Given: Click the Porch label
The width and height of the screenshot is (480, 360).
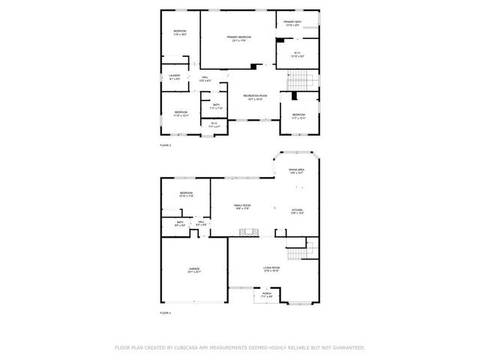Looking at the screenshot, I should pos(256,295).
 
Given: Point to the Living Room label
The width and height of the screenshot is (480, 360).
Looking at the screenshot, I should pos(271,268).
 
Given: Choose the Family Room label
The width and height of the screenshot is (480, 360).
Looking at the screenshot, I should pos(241,207).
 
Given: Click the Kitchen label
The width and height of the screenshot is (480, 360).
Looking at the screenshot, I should pos(297,211).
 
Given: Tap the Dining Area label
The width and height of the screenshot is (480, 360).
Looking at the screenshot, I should pos(297,172).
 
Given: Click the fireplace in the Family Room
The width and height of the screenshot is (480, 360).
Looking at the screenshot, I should pos(254,232).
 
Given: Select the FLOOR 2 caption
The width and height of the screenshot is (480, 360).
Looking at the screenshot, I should pos(166,145).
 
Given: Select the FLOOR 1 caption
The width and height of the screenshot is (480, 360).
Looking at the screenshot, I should pos(166,313).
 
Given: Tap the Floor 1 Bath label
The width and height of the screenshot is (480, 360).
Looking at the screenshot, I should pos(181,223).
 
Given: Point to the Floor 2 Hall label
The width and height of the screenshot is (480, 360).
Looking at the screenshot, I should pos(204,78).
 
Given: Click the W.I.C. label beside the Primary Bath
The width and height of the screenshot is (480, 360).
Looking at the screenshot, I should pos(297,54).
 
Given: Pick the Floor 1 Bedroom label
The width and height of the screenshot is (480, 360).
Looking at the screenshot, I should pos(186,195).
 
